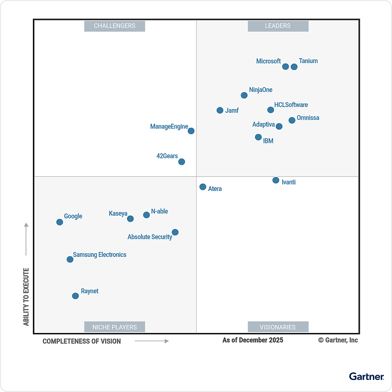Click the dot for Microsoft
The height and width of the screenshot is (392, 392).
coord(285,66)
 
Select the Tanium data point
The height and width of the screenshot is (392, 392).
coord(294,66)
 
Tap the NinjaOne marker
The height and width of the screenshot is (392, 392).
coord(244,95)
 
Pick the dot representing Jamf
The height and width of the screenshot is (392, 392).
coord(220,110)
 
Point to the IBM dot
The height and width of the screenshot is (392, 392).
coord(258,137)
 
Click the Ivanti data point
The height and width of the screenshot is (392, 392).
coord(276,180)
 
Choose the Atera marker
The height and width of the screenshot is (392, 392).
coord(203,187)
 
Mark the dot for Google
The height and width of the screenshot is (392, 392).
coord(60,222)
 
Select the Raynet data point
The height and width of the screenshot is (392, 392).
coord(75,296)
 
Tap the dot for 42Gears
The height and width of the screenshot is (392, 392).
coord(182,162)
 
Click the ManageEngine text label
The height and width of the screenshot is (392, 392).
coord(169,127)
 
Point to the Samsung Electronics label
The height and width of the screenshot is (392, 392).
coord(99,254)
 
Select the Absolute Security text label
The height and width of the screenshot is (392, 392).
coord(150,236)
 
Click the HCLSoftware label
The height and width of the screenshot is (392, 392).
coord(291,105)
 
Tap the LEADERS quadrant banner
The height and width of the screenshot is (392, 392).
coord(278,26)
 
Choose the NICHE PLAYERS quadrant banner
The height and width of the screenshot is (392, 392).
coord(114,327)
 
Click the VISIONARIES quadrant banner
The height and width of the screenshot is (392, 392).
coord(278,327)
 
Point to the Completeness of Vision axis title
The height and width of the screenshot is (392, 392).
coord(82,341)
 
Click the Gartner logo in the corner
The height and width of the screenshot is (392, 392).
coord(366,376)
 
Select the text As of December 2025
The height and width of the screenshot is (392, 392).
coord(253,340)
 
